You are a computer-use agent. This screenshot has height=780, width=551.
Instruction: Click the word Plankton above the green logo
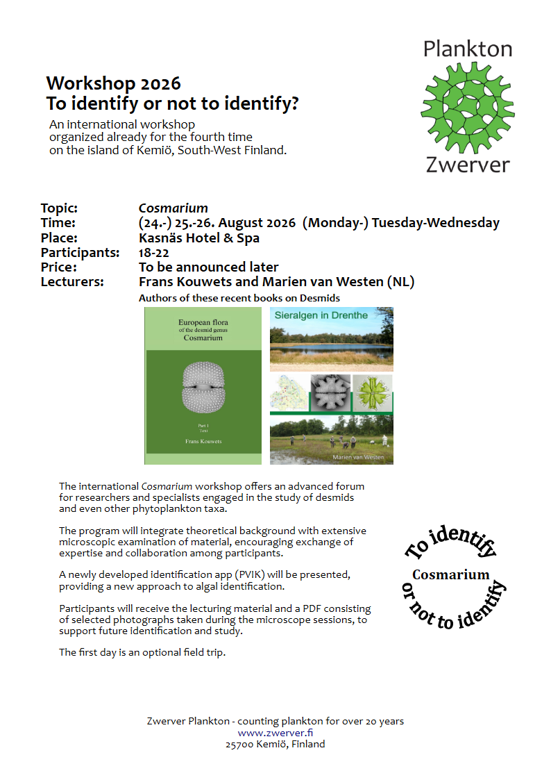coord(467,49)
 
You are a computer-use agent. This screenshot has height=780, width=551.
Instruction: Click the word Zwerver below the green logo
coord(467,165)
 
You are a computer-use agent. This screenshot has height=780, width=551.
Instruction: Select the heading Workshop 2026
coord(113,84)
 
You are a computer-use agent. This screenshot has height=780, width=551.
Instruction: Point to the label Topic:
coord(59,208)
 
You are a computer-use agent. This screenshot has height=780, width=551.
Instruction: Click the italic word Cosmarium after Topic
coord(173,208)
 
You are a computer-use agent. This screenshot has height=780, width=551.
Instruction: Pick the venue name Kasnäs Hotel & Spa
coord(199,238)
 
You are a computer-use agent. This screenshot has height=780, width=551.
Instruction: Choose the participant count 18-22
coord(154,252)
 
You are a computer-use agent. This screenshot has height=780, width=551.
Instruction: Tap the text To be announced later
coord(209,267)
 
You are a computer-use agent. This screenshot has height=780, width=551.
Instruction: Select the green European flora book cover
coord(203,385)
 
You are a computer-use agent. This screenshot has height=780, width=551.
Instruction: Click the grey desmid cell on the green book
coord(203,386)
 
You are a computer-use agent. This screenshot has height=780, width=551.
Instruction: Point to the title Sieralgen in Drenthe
coord(321,315)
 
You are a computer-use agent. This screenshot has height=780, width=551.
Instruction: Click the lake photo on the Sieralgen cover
coord(331,347)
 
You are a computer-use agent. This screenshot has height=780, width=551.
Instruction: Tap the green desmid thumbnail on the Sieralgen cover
coord(373,392)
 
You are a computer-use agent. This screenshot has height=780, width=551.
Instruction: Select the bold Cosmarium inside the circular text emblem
coord(451,574)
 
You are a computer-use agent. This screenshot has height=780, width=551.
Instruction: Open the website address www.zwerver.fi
coord(275,732)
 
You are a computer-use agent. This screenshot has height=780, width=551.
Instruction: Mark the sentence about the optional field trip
coord(142,652)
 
